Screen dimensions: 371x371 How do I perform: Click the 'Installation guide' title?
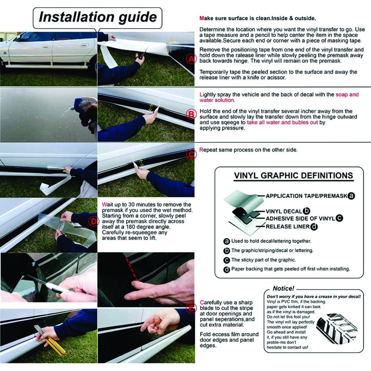point(98,17)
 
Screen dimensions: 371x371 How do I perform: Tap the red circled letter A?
point(191,58)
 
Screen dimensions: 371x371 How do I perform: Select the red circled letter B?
point(191,114)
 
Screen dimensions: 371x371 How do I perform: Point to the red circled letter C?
point(191,154)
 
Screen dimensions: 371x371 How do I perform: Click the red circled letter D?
point(94,222)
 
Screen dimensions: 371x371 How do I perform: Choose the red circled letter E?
point(191,308)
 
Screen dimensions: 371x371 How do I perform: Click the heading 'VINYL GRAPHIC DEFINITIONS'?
point(293,176)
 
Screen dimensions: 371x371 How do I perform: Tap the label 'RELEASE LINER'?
point(287,227)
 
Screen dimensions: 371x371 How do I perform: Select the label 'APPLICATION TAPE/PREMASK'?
point(307,196)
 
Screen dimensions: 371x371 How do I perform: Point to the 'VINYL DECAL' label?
point(284,212)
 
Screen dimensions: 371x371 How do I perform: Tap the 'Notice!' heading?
point(283,288)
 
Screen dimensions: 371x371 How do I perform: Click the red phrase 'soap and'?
point(347,95)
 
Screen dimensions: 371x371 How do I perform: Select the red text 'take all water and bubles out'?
point(282,122)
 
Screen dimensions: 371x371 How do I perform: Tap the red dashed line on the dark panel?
point(132,269)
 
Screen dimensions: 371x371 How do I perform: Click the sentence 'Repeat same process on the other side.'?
point(249,150)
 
